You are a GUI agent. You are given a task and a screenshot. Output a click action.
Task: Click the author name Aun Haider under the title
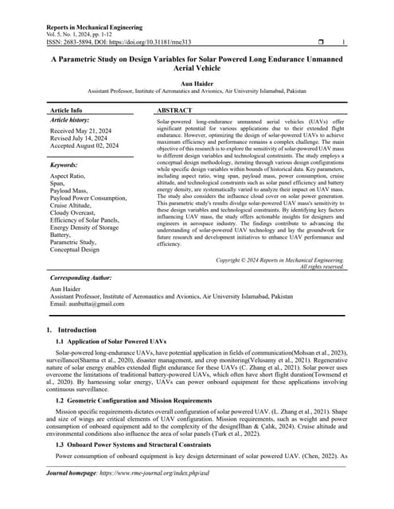[x=197, y=83]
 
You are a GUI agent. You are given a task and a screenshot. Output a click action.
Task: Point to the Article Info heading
[x=65, y=110]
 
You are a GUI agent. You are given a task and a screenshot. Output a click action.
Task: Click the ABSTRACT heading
[x=174, y=110]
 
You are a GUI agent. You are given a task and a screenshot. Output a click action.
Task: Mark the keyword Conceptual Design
[x=75, y=250]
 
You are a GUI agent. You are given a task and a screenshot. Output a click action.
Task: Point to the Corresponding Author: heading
[x=81, y=278]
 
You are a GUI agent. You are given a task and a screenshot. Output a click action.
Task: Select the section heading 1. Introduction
[x=72, y=330]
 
